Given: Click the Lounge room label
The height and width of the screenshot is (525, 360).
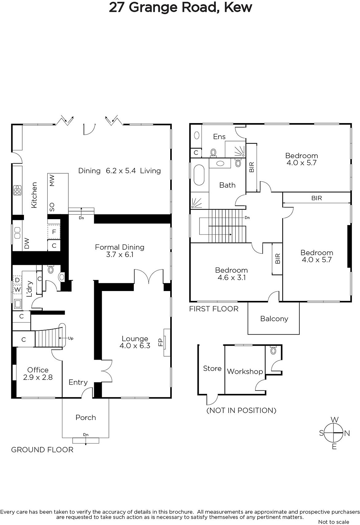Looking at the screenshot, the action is (x=135, y=339).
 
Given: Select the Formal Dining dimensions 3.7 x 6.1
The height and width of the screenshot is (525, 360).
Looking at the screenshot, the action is (x=119, y=255).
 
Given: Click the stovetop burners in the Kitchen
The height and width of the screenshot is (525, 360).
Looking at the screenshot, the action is (x=17, y=190).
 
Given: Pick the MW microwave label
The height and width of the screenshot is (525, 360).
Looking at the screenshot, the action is (x=52, y=180).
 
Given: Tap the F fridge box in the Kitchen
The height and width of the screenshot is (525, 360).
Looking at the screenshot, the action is (x=54, y=232).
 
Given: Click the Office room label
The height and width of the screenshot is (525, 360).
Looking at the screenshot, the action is (x=38, y=370).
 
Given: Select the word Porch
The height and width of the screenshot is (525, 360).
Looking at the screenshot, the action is (x=86, y=417).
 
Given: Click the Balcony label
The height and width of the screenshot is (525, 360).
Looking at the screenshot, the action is (x=274, y=319).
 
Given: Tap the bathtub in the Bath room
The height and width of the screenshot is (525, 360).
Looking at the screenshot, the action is (x=199, y=175).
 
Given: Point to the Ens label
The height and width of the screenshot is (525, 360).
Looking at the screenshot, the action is (x=219, y=136).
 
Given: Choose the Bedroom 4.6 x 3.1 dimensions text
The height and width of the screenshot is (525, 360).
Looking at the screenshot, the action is (x=232, y=278).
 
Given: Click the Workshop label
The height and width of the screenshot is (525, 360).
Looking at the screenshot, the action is (x=245, y=371).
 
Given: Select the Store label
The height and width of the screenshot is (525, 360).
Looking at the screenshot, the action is (x=212, y=368).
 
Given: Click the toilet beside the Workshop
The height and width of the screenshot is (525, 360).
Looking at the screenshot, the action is (x=273, y=350).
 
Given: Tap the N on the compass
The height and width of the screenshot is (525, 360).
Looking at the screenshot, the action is (x=347, y=433).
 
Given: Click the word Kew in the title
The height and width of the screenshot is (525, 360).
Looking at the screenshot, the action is (x=238, y=8).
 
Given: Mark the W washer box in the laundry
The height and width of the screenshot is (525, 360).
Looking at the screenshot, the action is (x=17, y=289).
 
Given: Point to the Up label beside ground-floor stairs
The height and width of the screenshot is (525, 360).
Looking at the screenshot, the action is (x=71, y=338).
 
